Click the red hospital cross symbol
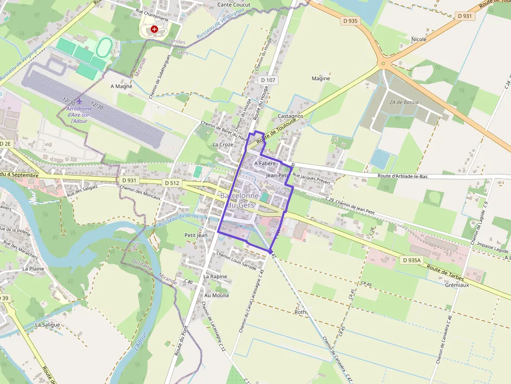click(x=154, y=30)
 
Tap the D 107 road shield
click(x=267, y=80)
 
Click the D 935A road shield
click(x=412, y=259)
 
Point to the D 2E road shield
click(x=5, y=143)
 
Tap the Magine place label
click(x=321, y=79)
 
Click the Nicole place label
click(x=419, y=39)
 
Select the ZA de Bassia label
click(x=404, y=102)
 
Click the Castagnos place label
click(x=291, y=116)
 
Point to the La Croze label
click(x=223, y=144)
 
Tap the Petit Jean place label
click(x=196, y=235)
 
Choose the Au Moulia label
click(x=216, y=295)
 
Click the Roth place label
click(x=301, y=312)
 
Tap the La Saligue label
click(x=47, y=324)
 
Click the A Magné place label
click(x=121, y=86)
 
